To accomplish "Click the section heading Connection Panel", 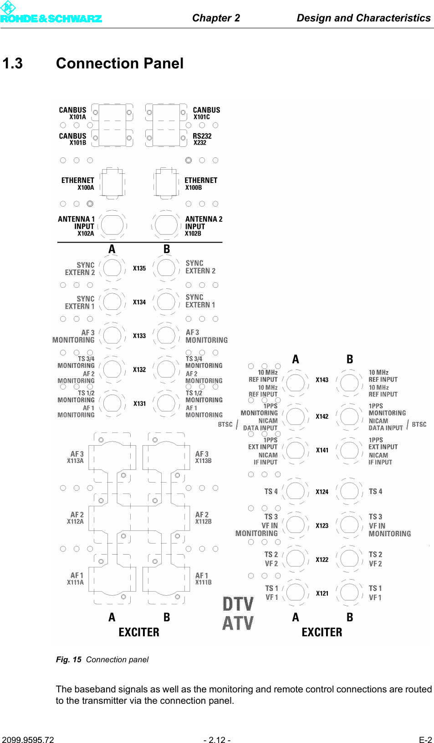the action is pyautogui.click(x=120, y=63).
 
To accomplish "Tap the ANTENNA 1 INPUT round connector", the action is pyautogui.click(x=112, y=225).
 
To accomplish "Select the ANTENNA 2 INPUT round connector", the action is pyautogui.click(x=166, y=225).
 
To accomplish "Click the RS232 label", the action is pyautogui.click(x=202, y=136).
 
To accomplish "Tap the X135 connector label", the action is pyautogui.click(x=139, y=268).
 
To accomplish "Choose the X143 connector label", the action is pyautogui.click(x=322, y=380).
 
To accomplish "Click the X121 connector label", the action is pyautogui.click(x=322, y=593).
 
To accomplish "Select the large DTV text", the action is pyautogui.click(x=238, y=604).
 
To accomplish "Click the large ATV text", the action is pyautogui.click(x=238, y=623).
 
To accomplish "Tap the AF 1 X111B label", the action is pyautogui.click(x=203, y=579).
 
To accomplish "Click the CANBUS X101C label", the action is pyautogui.click(x=206, y=113).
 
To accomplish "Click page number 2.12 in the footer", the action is pyautogui.click(x=217, y=740).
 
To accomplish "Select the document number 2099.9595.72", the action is pyautogui.click(x=28, y=740).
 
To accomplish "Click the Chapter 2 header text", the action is pyautogui.click(x=216, y=18).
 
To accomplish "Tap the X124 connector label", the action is pyautogui.click(x=322, y=492).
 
